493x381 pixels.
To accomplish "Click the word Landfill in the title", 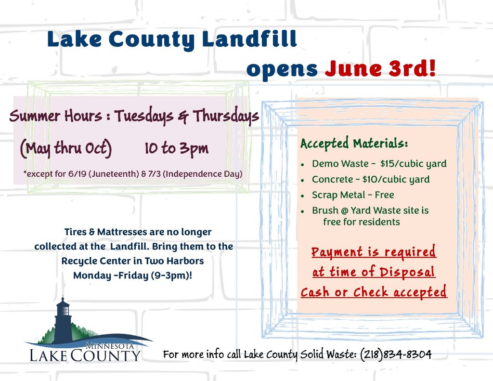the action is point(249,39).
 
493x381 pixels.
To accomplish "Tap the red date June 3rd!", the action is point(380,68).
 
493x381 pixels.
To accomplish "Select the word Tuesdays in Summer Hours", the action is point(143,116).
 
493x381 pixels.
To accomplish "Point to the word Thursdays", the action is point(226,116).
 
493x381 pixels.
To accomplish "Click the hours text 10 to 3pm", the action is point(176,148).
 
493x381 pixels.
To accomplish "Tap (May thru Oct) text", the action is point(65,148).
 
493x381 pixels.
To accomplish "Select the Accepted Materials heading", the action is point(354,144).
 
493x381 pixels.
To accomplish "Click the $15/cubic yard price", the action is point(413,164).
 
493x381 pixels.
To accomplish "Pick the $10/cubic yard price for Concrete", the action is point(396,179).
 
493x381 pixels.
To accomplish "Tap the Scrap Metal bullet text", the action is point(353,195).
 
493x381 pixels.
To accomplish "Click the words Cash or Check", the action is point(344,292).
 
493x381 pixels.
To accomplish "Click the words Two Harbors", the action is point(174,261).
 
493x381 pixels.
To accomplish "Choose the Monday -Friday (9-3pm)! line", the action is point(133,276).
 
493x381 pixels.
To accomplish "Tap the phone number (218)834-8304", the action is point(396,354).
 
